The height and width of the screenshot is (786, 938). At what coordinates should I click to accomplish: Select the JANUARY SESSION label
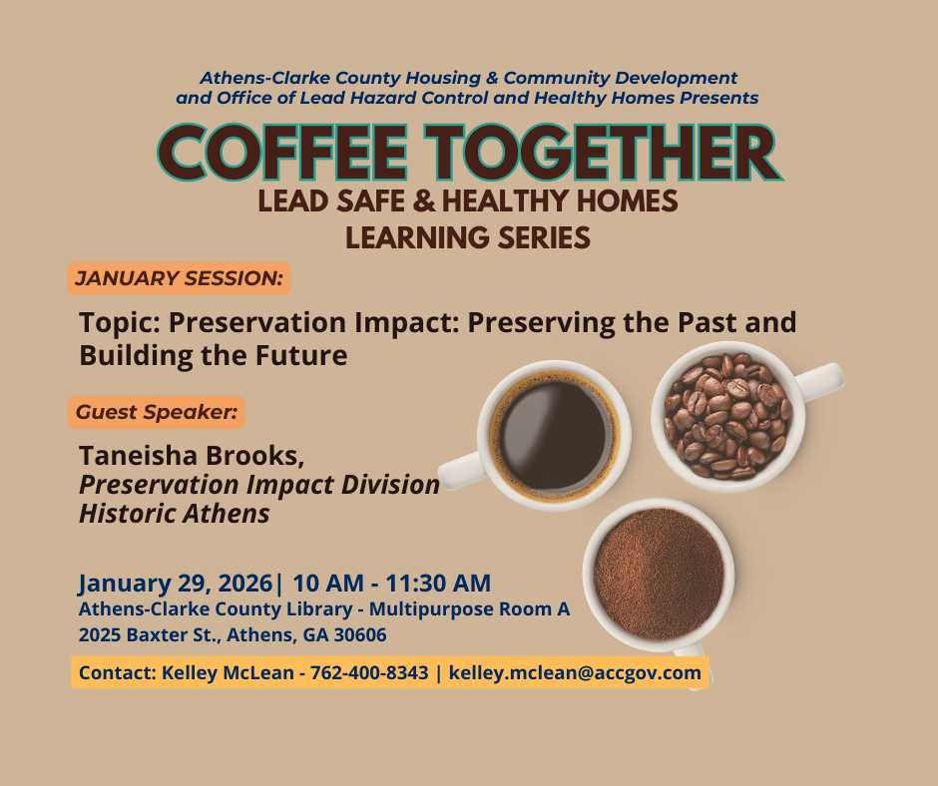[x=179, y=278]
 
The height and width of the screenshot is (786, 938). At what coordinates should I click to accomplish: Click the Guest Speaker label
[x=157, y=411]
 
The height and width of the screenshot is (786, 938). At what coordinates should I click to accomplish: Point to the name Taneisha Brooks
[x=191, y=456]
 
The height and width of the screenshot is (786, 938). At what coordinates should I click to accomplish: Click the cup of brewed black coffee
[x=554, y=430]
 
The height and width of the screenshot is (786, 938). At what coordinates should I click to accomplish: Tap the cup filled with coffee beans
[x=727, y=414]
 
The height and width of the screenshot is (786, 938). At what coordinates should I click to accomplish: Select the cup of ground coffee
[x=659, y=574]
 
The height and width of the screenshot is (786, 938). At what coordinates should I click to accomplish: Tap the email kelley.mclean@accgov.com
[x=575, y=673]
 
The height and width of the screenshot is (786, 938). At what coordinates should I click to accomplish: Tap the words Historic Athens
[x=175, y=514]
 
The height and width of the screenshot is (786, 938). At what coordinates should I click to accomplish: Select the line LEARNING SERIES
[x=468, y=238]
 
